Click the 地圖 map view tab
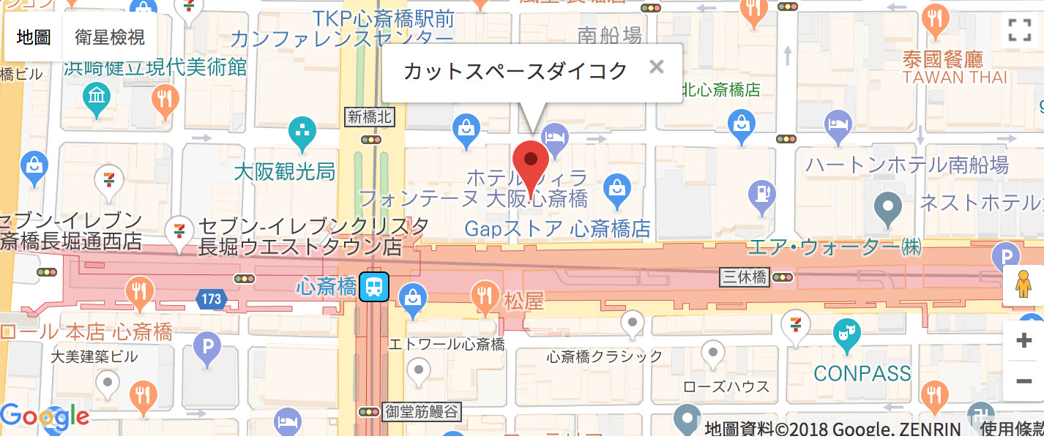pyautogui.click(x=33, y=37)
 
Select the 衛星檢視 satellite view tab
pyautogui.click(x=110, y=37)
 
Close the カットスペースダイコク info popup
pyautogui.click(x=657, y=67)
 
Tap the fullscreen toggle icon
pyautogui.click(x=1019, y=30)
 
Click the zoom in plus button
pyautogui.click(x=1024, y=340)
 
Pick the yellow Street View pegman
pyautogui.click(x=1024, y=285)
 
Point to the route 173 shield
pyautogui.click(x=212, y=298)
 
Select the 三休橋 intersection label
pyautogui.click(x=744, y=277)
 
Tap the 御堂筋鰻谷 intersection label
pyautogui.click(x=422, y=412)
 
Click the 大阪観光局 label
pyautogui.click(x=285, y=172)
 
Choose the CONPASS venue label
pyautogui.click(x=862, y=373)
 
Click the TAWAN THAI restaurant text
pyautogui.click(x=955, y=77)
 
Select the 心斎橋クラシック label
pyautogui.click(x=605, y=356)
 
